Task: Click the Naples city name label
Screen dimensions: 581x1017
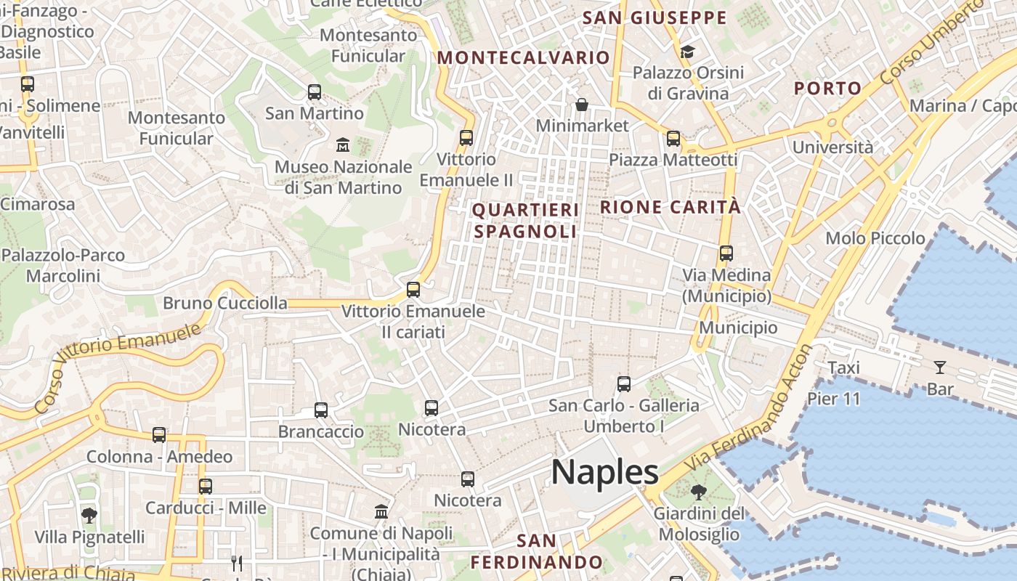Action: (x=604, y=473)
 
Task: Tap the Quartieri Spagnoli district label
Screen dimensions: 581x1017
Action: (x=525, y=221)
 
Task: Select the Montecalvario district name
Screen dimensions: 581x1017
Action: (x=523, y=57)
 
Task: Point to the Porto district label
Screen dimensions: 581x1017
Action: (x=827, y=89)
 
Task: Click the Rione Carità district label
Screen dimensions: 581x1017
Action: (x=670, y=207)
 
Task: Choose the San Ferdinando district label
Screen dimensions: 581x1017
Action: (x=537, y=552)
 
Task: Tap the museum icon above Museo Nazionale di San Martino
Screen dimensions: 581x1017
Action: (x=343, y=145)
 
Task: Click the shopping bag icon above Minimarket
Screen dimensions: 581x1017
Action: (x=581, y=105)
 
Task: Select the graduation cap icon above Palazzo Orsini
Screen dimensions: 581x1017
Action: (x=687, y=52)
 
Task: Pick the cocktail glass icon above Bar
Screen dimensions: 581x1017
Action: (x=940, y=367)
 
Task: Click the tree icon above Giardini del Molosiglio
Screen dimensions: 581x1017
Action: (x=698, y=492)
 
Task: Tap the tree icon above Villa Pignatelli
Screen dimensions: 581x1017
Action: (x=89, y=516)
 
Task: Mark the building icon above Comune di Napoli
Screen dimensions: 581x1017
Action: (x=381, y=511)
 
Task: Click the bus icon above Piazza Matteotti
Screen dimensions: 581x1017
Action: (x=673, y=138)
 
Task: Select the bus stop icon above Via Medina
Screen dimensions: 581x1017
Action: (x=726, y=253)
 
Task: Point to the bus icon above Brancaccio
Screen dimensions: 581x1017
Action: (x=321, y=410)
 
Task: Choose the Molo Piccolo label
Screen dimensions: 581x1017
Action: (x=875, y=238)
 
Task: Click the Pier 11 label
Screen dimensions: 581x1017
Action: (x=833, y=399)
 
